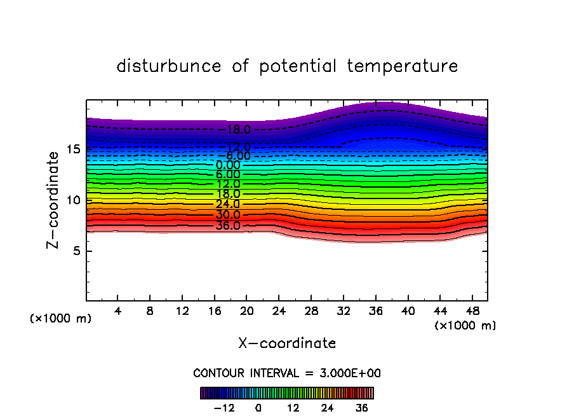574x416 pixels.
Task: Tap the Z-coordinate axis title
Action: coord(55,199)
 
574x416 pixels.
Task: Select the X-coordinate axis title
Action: coord(287,343)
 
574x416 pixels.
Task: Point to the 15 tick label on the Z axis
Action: coord(72,149)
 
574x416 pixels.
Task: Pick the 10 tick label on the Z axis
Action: coord(72,200)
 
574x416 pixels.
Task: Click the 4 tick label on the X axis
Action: coord(118,312)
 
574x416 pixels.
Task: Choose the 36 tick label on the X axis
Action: coord(375,312)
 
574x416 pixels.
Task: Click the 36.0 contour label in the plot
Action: coord(228,225)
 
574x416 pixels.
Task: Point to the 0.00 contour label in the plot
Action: coord(228,165)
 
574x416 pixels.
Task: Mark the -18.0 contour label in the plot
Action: coord(238,130)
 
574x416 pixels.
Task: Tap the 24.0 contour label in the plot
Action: coord(228,204)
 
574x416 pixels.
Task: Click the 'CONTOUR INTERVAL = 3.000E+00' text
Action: coord(287,373)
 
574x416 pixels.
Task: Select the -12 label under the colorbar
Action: coord(224,408)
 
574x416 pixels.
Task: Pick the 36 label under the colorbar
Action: coord(361,408)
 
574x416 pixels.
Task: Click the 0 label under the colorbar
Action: coord(258,408)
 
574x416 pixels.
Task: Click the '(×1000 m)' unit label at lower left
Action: coord(61,319)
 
